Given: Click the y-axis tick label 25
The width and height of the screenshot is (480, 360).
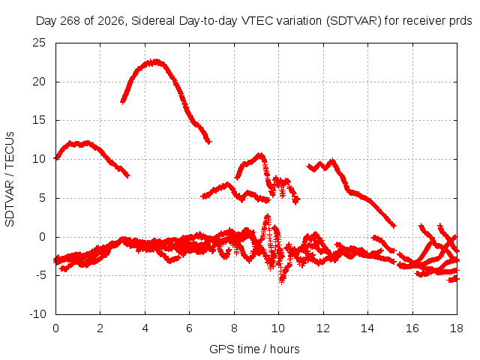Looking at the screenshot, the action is pyautogui.click(x=39, y=43).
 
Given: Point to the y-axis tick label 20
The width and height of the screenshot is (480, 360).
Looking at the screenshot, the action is pyautogui.click(x=39, y=82).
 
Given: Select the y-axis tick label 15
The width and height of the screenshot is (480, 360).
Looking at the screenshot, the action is pyautogui.click(x=39, y=120).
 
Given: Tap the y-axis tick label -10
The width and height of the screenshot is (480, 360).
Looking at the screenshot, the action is pyautogui.click(x=37, y=314).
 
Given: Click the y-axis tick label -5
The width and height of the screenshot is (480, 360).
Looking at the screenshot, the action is pyautogui.click(x=40, y=275).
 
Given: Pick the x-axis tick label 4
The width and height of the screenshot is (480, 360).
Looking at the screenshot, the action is pyautogui.click(x=145, y=328).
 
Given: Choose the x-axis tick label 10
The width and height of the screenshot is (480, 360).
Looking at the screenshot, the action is pyautogui.click(x=278, y=328).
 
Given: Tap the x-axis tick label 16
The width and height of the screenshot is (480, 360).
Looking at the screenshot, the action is pyautogui.click(x=412, y=328).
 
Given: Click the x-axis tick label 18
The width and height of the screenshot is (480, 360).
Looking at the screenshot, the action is pyautogui.click(x=457, y=328).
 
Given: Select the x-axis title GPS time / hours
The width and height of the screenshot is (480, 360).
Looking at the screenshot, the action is pyautogui.click(x=254, y=349).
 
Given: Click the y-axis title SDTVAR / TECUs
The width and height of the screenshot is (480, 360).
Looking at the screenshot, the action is pyautogui.click(x=10, y=179).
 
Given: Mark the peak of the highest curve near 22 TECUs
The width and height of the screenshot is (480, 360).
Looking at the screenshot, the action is pyautogui.click(x=156, y=61).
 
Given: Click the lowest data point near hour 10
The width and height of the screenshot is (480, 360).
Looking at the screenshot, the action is pyautogui.click(x=282, y=281).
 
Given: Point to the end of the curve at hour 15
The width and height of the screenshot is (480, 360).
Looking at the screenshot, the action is pyautogui.click(x=394, y=226).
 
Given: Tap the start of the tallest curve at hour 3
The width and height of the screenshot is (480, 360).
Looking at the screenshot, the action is pyautogui.click(x=123, y=101).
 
